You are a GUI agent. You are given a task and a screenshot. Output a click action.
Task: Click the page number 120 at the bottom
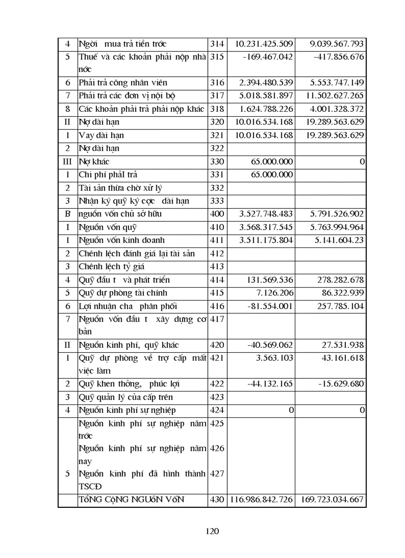(x=212, y=531)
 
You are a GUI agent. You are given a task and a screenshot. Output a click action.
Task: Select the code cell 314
(x=217, y=44)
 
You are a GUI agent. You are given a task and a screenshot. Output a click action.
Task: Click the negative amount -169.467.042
(x=268, y=57)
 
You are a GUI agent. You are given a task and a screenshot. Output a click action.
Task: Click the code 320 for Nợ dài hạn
(x=217, y=122)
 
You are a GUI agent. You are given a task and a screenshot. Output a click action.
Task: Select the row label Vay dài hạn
(x=101, y=135)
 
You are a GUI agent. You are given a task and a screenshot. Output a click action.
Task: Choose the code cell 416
(x=217, y=307)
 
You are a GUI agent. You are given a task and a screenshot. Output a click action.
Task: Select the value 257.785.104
(x=340, y=307)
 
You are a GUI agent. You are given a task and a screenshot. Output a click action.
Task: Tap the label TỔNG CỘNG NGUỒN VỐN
(x=131, y=499)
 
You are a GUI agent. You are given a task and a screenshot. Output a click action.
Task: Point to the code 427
(x=217, y=474)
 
